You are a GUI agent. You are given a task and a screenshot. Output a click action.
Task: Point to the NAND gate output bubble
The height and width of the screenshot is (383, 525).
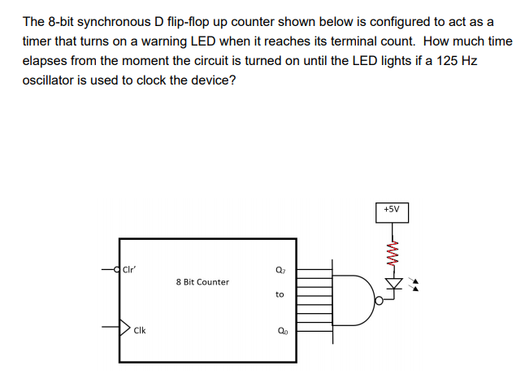click(378, 300)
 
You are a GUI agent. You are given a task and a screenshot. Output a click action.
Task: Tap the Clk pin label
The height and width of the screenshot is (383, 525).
click(141, 330)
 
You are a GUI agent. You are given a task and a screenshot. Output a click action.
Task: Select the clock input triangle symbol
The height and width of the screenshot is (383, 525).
click(125, 329)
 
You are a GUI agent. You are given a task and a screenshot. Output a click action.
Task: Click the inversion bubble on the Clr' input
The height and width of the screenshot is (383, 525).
click(116, 267)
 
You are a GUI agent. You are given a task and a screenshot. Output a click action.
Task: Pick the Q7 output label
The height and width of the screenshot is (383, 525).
click(280, 272)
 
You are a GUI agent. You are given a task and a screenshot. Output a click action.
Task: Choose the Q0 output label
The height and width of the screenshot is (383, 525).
click(280, 330)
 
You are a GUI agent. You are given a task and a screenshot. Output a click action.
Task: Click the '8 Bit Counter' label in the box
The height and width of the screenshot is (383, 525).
click(202, 282)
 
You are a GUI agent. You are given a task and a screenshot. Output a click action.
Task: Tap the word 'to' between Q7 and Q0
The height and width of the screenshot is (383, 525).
click(280, 295)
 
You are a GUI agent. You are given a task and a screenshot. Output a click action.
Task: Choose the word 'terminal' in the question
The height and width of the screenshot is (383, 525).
click(378, 41)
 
